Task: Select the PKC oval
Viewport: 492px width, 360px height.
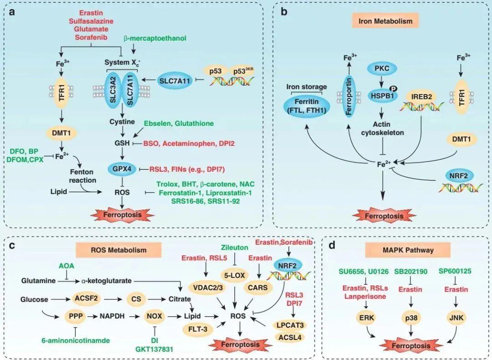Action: pyautogui.click(x=382, y=68)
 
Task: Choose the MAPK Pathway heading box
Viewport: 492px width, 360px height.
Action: pyautogui.click(x=408, y=250)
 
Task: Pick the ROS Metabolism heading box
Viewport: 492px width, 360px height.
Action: pyautogui.click(x=118, y=250)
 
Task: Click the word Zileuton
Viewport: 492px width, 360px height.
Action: pyautogui.click(x=235, y=247)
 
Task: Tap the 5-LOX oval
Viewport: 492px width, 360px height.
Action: pyautogui.click(x=235, y=276)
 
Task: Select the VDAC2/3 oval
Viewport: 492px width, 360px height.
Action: pyautogui.click(x=207, y=288)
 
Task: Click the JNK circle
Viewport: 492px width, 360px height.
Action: pyautogui.click(x=456, y=318)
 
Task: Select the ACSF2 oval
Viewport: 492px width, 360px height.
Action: pyautogui.click(x=82, y=299)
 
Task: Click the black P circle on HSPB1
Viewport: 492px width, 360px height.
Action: pyautogui.click(x=393, y=89)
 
